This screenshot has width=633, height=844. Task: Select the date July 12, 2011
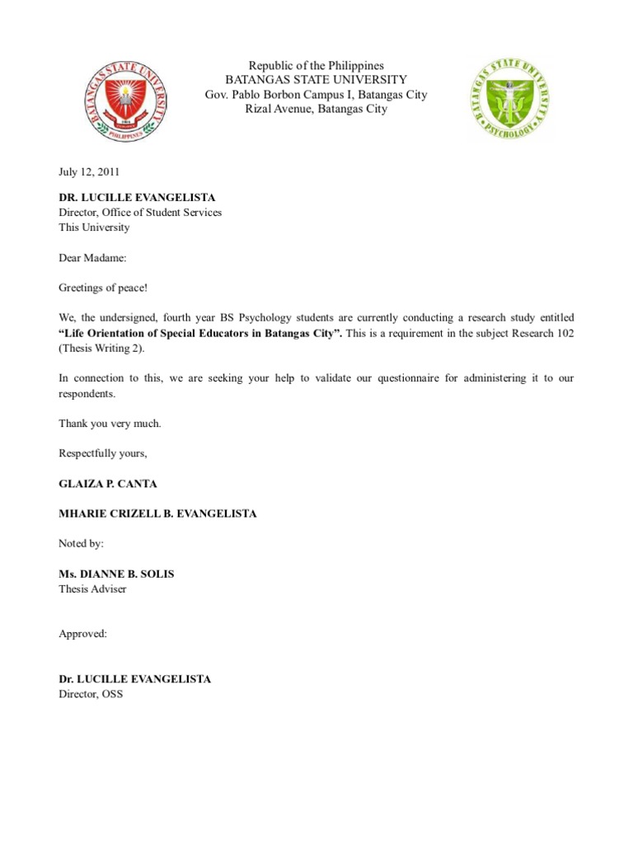point(89,172)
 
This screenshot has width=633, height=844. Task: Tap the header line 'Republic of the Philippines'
point(316,66)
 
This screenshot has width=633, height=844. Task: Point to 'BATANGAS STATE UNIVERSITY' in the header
point(316,80)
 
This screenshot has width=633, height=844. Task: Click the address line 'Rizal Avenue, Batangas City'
point(316,109)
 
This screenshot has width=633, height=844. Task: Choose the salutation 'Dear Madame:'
point(92,258)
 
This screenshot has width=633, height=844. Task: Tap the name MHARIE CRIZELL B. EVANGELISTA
point(157,513)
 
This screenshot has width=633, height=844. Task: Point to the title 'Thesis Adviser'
point(92,589)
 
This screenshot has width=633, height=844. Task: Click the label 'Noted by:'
point(82,544)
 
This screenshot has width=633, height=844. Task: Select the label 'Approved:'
point(83,634)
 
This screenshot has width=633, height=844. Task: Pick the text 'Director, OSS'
point(91,695)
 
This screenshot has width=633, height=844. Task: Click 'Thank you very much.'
point(110,424)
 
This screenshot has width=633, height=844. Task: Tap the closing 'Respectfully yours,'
point(103,453)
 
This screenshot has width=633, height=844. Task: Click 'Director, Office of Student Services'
point(140,213)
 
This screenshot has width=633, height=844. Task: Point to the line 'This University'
point(94,227)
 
